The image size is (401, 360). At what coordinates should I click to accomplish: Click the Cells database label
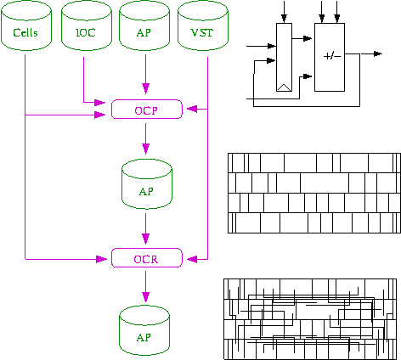tap(25, 32)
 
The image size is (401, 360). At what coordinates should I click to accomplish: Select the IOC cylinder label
tap(86, 32)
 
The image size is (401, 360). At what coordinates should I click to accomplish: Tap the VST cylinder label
tap(202, 32)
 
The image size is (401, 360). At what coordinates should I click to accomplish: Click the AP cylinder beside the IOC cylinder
tap(144, 25)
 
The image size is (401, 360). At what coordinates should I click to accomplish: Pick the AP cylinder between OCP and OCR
tap(147, 184)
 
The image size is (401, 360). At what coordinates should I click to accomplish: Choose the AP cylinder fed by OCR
tap(144, 330)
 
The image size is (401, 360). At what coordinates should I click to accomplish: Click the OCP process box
tap(147, 110)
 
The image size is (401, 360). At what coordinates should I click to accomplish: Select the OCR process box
tap(147, 258)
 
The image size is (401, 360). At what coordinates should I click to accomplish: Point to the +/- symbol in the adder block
tap(332, 56)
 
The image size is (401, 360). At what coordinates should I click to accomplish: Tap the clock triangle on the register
tap(284, 87)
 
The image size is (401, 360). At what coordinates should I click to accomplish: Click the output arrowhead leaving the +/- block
tap(378, 53)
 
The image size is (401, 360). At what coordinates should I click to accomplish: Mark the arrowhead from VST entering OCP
tap(192, 109)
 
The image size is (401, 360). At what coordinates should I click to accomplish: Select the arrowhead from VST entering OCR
tap(192, 259)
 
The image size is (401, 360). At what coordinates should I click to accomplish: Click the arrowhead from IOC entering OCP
tap(100, 102)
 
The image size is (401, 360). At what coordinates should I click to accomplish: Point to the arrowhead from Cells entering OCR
tap(101, 259)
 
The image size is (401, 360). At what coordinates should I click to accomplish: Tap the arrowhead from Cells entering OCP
tap(100, 115)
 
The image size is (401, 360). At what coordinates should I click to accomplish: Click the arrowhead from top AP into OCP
tap(146, 88)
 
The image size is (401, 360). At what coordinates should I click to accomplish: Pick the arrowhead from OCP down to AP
tap(146, 149)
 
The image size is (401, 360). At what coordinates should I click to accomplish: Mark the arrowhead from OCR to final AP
tap(146, 296)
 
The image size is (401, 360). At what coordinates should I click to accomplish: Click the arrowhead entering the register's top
tap(284, 19)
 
